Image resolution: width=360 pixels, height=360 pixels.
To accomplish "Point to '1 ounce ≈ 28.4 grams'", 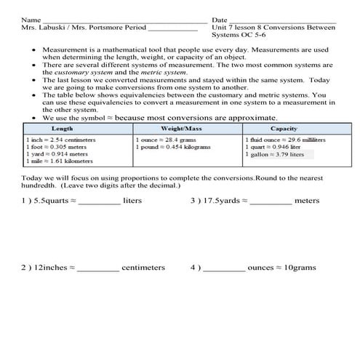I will (x=167, y=138).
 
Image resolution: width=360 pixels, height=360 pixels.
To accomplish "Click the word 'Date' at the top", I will (x=219, y=20).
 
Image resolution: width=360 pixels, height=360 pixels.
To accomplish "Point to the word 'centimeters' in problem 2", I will (x=143, y=268).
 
